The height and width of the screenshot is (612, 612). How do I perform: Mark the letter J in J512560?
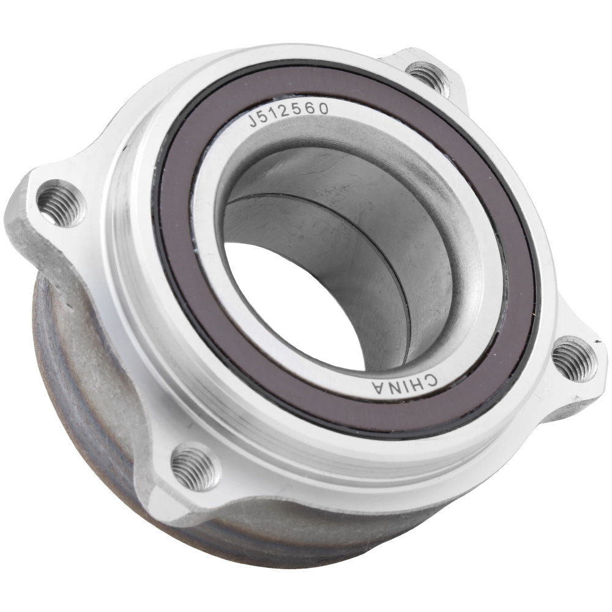(253, 119)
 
